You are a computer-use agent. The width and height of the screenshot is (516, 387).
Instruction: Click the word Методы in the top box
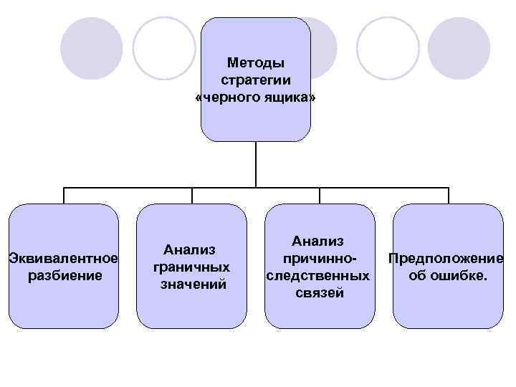[255, 63]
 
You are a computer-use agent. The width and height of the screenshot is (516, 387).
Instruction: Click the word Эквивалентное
[63, 258]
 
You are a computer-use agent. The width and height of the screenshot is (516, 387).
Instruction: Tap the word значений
[192, 283]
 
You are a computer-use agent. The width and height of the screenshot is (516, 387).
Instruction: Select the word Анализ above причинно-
[318, 242]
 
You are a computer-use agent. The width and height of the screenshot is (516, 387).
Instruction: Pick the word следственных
[319, 275]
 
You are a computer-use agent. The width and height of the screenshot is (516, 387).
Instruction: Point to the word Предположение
[446, 258]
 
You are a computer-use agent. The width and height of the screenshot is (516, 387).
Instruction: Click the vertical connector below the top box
[256, 163]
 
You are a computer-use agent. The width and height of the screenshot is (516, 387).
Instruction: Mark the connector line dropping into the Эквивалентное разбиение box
[64, 196]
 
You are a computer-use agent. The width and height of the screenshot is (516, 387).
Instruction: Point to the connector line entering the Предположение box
[449, 196]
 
